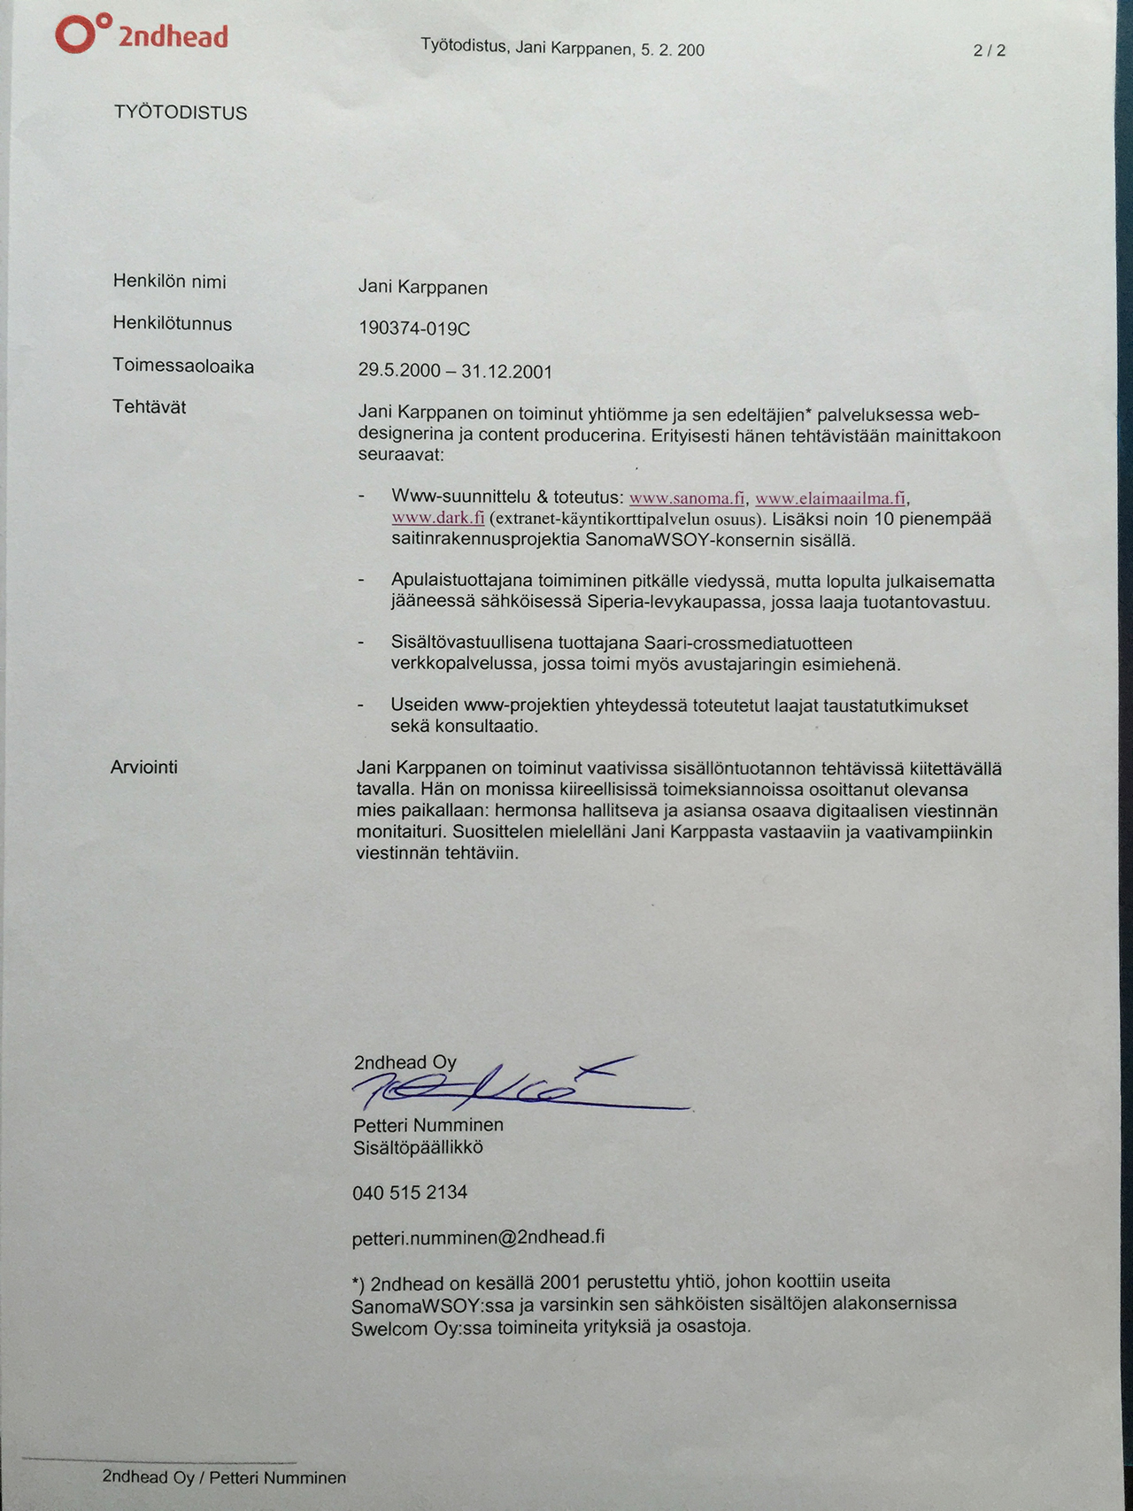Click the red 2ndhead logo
click(142, 35)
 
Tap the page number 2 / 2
click(989, 50)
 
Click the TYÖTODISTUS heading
click(181, 112)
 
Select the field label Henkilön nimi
click(169, 281)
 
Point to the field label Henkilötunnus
click(172, 324)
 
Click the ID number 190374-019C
click(414, 329)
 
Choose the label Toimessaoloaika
click(182, 366)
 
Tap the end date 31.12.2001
click(506, 372)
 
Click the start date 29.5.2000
click(399, 370)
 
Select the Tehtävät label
click(149, 407)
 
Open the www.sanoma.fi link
click(687, 498)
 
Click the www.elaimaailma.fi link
click(830, 498)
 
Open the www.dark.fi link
click(438, 519)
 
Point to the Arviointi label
click(143, 767)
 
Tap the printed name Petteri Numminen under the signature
click(428, 1125)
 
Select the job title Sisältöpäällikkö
click(418, 1148)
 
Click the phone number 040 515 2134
click(410, 1192)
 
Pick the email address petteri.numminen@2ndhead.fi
click(478, 1237)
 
